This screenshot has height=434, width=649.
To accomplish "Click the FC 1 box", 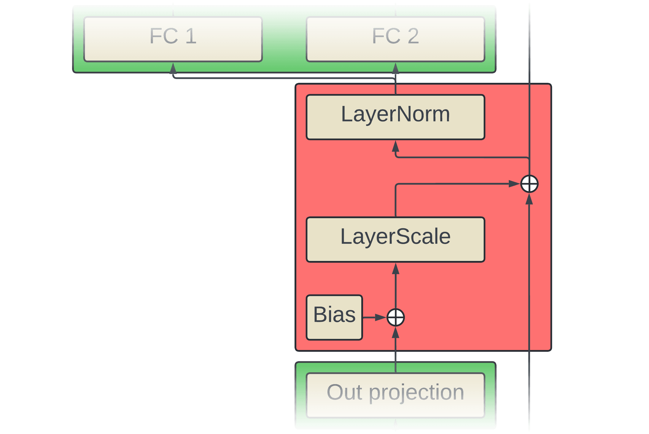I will (173, 39).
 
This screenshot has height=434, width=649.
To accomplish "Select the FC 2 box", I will (395, 39).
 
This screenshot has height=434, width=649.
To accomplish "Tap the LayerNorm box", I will (395, 117).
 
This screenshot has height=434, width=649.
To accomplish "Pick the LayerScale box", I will (395, 240).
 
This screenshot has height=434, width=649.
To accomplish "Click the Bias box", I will (334, 317).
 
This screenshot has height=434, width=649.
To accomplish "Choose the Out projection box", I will (395, 395).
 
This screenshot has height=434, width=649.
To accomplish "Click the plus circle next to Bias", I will (396, 317).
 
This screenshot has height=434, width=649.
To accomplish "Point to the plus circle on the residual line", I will (529, 184).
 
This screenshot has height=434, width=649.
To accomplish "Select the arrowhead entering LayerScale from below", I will (395, 269).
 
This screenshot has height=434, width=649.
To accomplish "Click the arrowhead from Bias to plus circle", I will (380, 317).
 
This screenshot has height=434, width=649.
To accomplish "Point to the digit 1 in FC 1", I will (191, 36).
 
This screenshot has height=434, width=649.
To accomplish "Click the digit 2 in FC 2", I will (413, 36).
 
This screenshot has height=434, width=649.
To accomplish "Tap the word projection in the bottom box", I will (416, 393).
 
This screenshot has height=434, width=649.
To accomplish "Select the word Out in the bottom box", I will (344, 392).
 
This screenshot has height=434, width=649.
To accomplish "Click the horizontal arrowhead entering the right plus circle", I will (514, 184).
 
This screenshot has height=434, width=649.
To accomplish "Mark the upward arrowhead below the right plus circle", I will (529, 199).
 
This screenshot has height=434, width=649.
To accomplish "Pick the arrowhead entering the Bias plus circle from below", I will (395, 332).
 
